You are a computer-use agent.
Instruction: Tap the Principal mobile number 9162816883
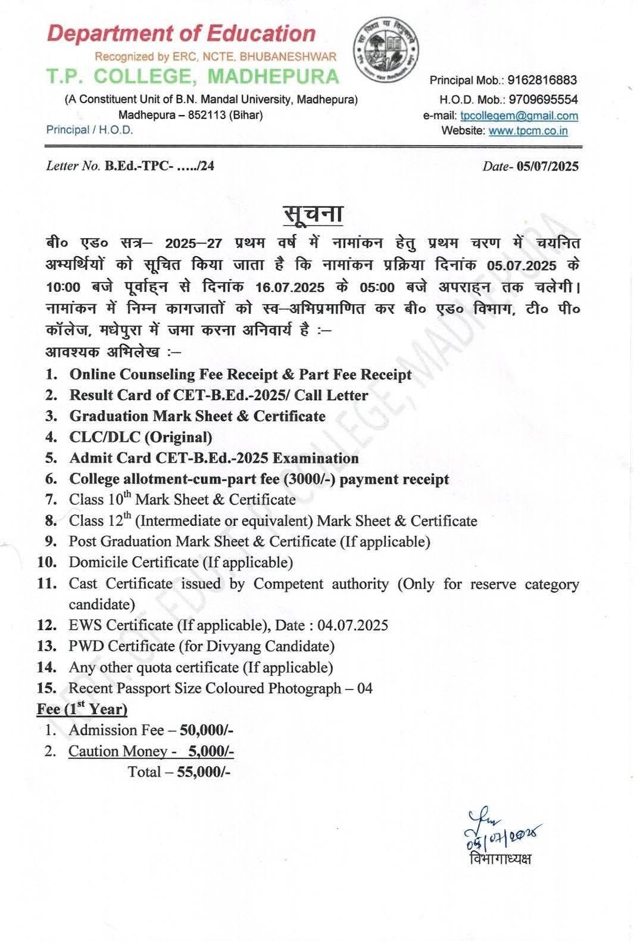pyautogui.click(x=542, y=80)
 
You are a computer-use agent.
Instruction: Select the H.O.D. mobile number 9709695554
pyautogui.click(x=542, y=99)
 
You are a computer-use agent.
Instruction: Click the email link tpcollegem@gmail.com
pyautogui.click(x=519, y=116)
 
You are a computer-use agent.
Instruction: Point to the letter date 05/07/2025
pyautogui.click(x=548, y=166)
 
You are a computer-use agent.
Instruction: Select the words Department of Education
pyautogui.click(x=181, y=33)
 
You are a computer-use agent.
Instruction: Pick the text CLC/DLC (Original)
pyautogui.click(x=141, y=437)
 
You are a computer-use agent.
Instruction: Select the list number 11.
pyautogui.click(x=46, y=584)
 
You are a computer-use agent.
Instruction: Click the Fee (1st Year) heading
pyautogui.click(x=82, y=709)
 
